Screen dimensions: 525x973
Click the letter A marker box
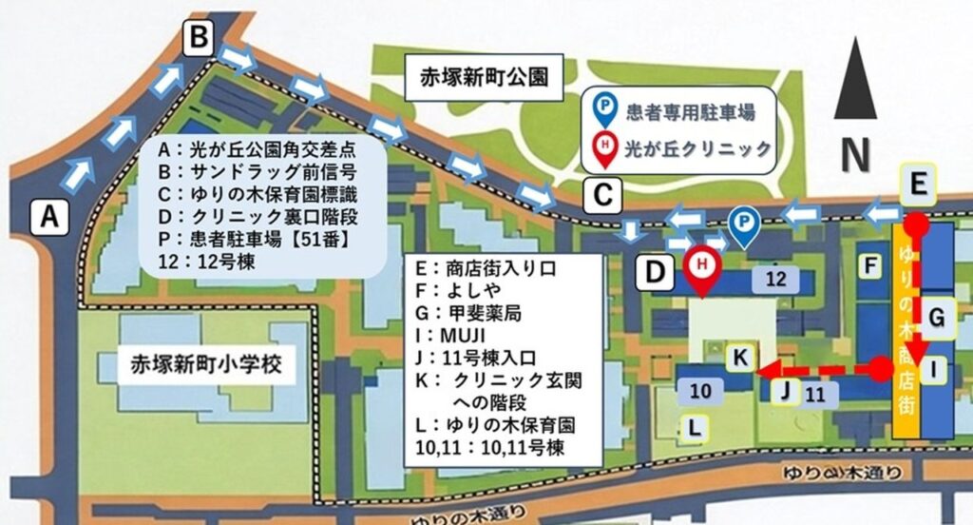53,218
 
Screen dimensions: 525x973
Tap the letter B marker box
199,39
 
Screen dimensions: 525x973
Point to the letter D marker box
656,272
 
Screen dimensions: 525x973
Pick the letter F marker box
868,265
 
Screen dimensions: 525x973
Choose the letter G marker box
937,318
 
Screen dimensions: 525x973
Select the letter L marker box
696,428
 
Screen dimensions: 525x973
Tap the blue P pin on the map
742,227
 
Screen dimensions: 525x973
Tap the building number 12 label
776,278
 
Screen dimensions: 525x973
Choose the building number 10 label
700,389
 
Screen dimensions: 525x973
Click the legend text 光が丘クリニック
696,147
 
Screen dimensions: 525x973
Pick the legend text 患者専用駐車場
691,111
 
